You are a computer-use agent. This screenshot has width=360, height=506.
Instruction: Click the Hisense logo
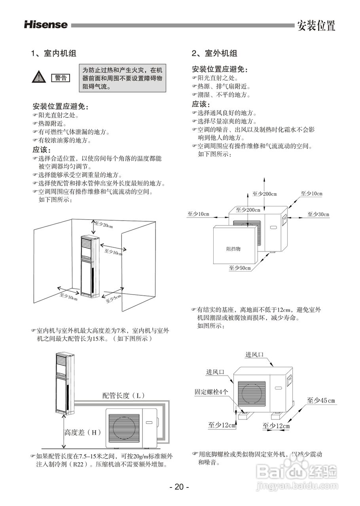tap(46, 25)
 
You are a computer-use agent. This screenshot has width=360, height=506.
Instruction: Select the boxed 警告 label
tap(61, 77)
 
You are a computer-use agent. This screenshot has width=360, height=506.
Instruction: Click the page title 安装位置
tap(316, 25)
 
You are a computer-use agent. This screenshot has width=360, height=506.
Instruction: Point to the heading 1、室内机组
tap(54, 53)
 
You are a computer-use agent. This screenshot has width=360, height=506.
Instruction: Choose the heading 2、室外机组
tap(214, 53)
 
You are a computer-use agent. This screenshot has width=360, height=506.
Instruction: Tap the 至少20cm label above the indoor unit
tap(104, 225)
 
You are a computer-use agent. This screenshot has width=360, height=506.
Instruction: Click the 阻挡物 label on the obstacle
tap(233, 249)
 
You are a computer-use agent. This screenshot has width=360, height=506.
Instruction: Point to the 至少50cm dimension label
tap(240, 268)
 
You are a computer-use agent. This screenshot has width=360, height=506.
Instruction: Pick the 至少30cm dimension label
tap(318, 214)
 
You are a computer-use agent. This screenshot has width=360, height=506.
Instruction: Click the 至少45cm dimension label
tap(321, 400)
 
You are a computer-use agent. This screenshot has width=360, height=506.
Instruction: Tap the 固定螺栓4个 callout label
tap(211, 392)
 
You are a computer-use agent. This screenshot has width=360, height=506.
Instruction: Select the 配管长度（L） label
tap(124, 395)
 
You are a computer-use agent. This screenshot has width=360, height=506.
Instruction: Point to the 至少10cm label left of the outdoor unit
tap(198, 214)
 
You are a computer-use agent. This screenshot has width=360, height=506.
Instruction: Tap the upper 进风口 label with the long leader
tap(254, 355)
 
